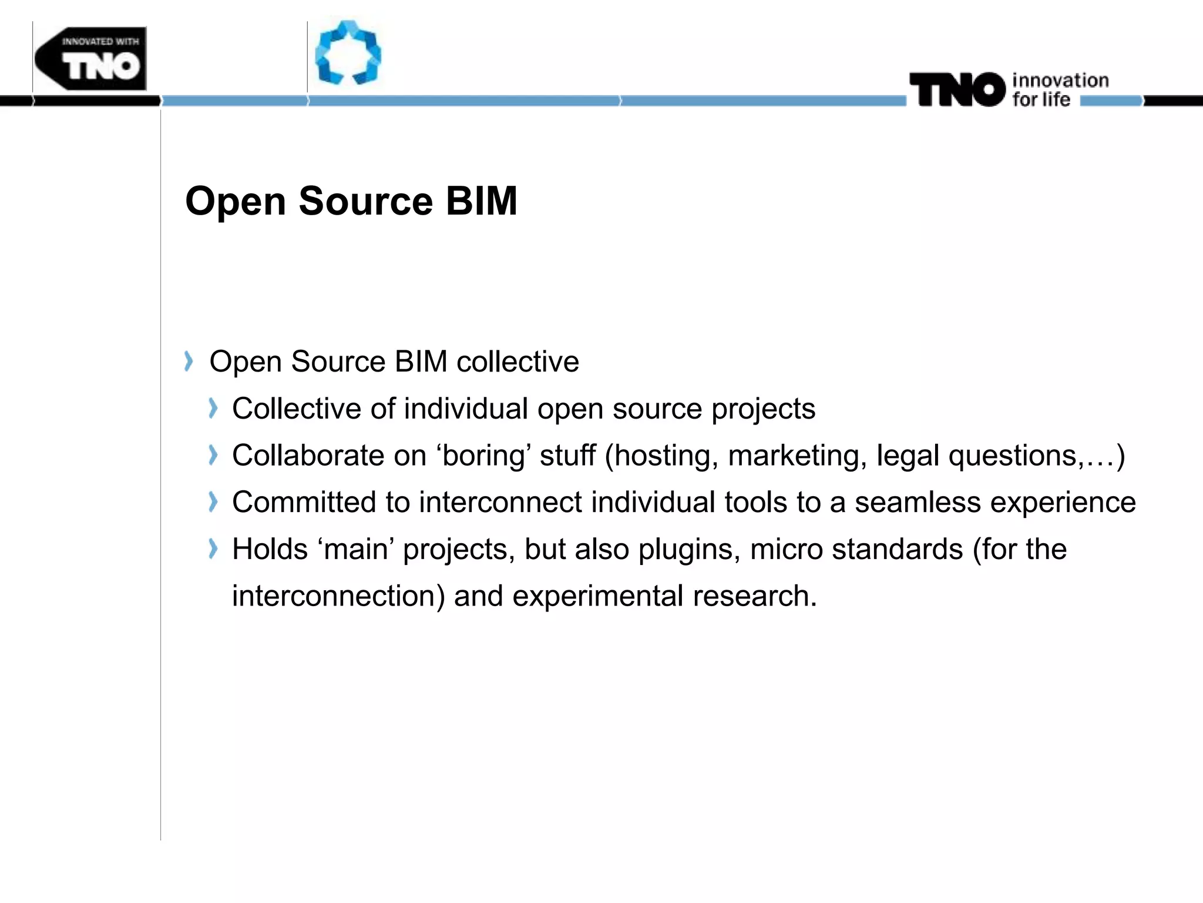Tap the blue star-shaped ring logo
[348, 53]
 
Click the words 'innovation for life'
[1060, 89]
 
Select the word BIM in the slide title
[481, 201]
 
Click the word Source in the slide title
[365, 201]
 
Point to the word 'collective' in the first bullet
[518, 361]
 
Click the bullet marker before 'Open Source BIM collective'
[188, 361]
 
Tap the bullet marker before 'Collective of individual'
[213, 408]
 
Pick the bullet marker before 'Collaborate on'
[213, 455]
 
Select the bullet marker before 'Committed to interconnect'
[213, 502]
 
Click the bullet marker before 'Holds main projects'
[213, 549]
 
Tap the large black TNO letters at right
[957, 90]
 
